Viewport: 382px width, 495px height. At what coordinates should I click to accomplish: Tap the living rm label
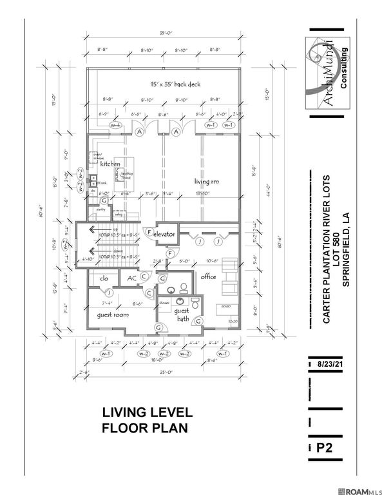207,182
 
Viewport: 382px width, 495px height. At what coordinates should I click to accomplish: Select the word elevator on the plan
164,234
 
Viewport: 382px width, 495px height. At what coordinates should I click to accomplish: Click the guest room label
113,315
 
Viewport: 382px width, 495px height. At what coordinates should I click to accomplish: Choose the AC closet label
131,278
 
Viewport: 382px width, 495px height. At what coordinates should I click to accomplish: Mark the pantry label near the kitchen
100,209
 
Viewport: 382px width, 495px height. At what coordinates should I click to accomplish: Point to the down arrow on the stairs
94,253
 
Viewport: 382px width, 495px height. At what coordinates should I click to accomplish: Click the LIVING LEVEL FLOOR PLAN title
145,420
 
